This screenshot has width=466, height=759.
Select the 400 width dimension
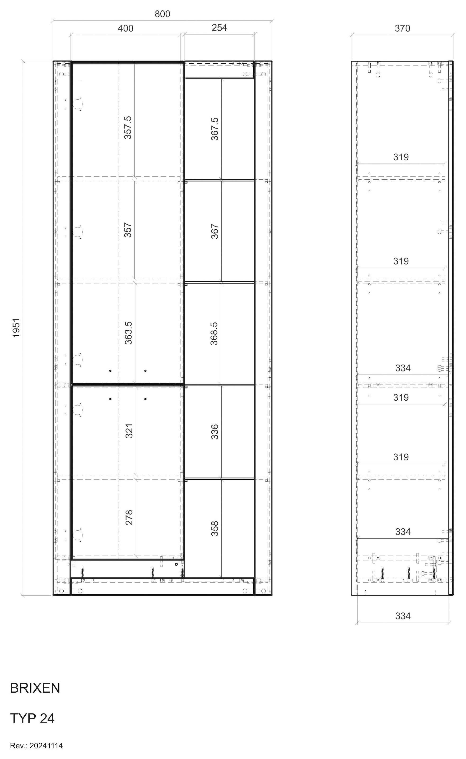(126, 28)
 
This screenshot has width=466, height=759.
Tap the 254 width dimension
(219, 28)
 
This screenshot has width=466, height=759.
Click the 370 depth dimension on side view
(402, 28)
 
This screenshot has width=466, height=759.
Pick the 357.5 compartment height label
(128, 128)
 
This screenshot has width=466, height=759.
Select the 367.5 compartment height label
(214, 129)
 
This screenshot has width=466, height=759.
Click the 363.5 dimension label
(128, 333)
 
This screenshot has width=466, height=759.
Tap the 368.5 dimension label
(214, 333)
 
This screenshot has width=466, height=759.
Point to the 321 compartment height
(129, 431)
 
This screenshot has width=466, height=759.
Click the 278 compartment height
(129, 517)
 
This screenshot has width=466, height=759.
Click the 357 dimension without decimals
(128, 230)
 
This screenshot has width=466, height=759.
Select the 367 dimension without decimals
(214, 231)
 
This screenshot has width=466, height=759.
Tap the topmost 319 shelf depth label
(401, 157)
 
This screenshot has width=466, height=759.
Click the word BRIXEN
(35, 688)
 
